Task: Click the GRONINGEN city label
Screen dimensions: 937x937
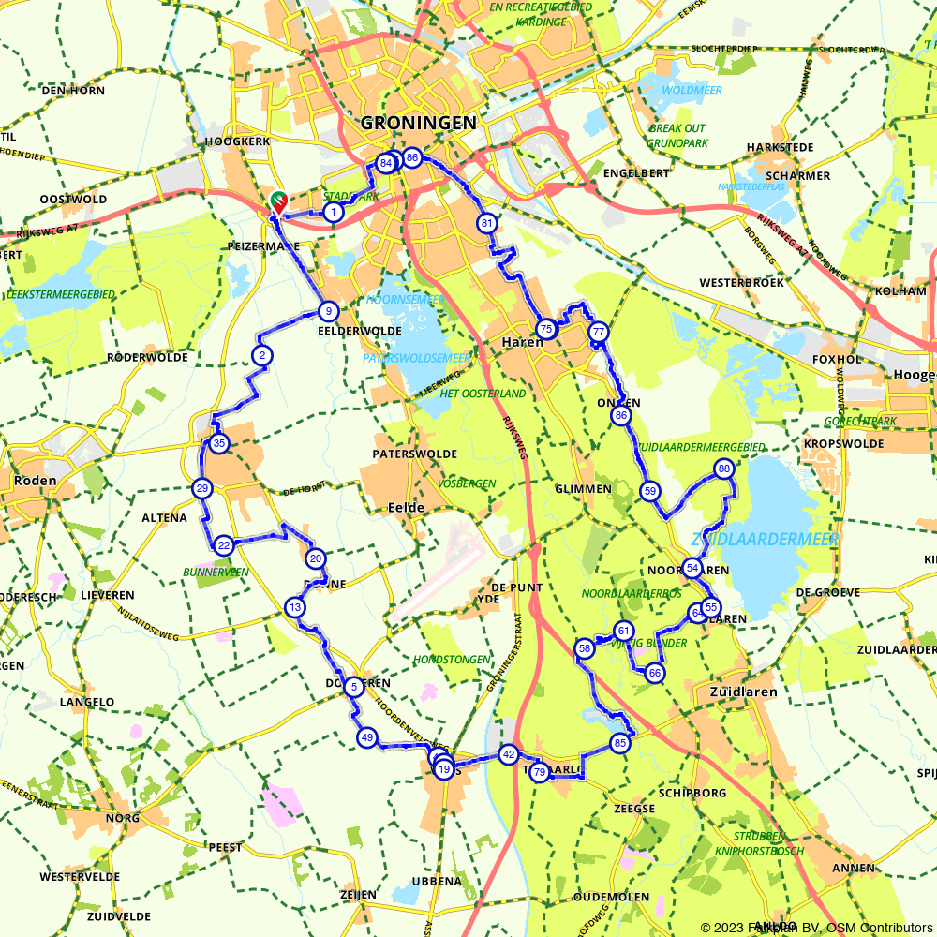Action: point(418,123)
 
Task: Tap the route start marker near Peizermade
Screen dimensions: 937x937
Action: point(278,201)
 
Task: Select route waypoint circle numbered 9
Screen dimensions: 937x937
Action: point(327,311)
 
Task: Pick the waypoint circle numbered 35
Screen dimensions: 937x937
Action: point(218,443)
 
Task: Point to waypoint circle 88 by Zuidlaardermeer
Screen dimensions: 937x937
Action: point(723,468)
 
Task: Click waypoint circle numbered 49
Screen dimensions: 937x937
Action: point(366,738)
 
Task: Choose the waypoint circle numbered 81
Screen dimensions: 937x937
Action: point(486,223)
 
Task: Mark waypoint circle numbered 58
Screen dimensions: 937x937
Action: point(585,648)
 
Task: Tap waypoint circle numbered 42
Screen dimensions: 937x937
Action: point(509,753)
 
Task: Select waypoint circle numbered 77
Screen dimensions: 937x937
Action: point(598,333)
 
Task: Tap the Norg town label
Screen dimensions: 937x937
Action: point(124,818)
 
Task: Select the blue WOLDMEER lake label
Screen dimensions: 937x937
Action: point(692,90)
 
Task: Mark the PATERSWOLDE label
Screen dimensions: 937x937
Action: point(414,454)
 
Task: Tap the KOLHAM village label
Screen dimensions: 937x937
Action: point(900,291)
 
